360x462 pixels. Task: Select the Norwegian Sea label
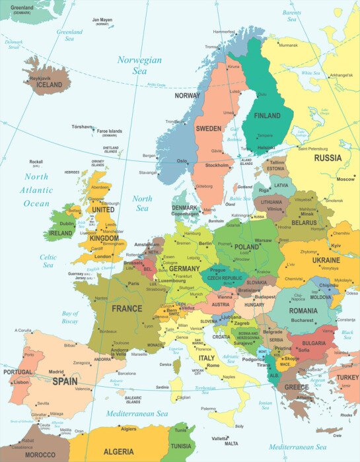pyautogui.click(x=139, y=65)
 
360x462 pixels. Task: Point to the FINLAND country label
pyautogui.click(x=268, y=115)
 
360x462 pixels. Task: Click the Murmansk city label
pyautogui.click(x=288, y=46)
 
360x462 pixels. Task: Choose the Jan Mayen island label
pyautogui.click(x=102, y=20)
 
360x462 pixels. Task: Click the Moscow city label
pyautogui.click(x=345, y=179)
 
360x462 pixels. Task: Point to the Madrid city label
pyautogui.click(x=56, y=372)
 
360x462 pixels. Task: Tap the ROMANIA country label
pyautogui.click(x=303, y=310)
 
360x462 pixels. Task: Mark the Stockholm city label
pyautogui.click(x=217, y=165)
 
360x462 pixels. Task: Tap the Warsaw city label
pyautogui.click(x=263, y=240)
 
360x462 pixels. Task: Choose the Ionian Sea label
pyautogui.click(x=265, y=406)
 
